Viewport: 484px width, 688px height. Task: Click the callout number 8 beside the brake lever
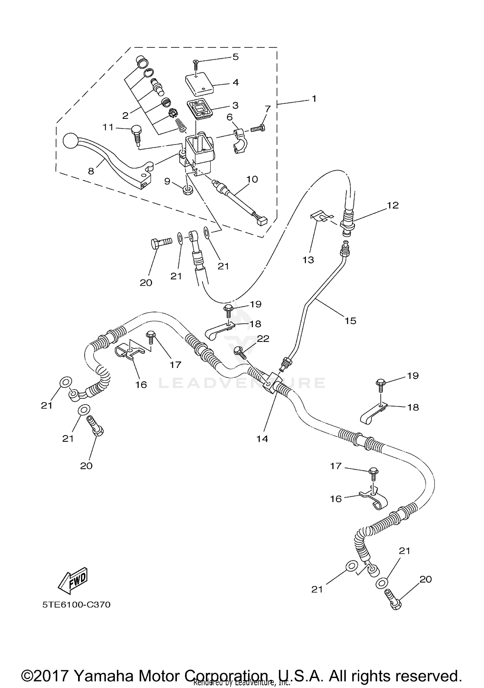point(91,171)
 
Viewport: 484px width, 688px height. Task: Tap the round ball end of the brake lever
point(70,141)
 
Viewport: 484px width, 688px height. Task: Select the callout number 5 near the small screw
point(236,57)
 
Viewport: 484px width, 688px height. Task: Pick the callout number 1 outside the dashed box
point(314,99)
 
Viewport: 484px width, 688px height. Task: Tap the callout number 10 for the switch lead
point(252,179)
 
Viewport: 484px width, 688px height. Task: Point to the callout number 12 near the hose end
point(393,205)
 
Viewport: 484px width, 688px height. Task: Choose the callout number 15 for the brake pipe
point(350,321)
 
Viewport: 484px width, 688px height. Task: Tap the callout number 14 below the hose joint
point(262,439)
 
